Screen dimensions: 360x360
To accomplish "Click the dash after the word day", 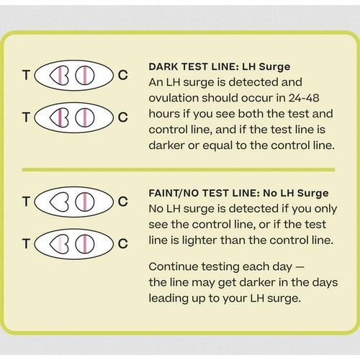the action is (x=300, y=267).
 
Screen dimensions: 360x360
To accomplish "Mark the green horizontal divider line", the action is (x=179, y=170).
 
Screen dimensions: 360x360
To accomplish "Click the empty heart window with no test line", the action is (x=59, y=202).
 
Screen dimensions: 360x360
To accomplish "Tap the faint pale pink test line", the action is (x=60, y=244).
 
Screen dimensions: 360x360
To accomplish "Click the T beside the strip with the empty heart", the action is (x=26, y=202).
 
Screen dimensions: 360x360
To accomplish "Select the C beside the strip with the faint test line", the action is (x=123, y=243).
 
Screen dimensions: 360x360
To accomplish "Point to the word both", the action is (x=251, y=114).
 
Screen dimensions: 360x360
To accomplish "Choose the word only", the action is (x=325, y=209).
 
